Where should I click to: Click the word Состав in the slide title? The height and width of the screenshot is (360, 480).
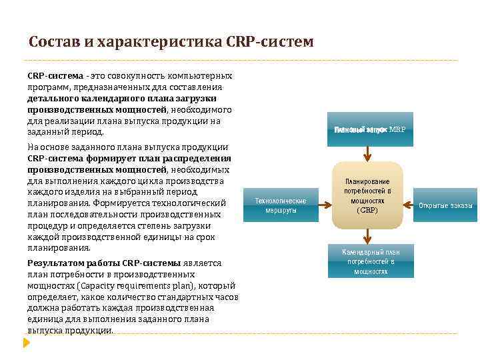click(51, 43)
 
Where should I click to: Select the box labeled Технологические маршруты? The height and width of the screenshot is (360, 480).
click(281, 205)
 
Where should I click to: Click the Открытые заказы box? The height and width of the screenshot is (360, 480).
click(445, 205)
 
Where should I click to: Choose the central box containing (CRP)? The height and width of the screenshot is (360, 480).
click(367, 195)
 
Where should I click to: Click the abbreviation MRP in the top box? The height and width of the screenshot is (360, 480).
click(397, 129)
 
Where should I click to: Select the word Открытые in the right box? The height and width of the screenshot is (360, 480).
click(432, 205)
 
